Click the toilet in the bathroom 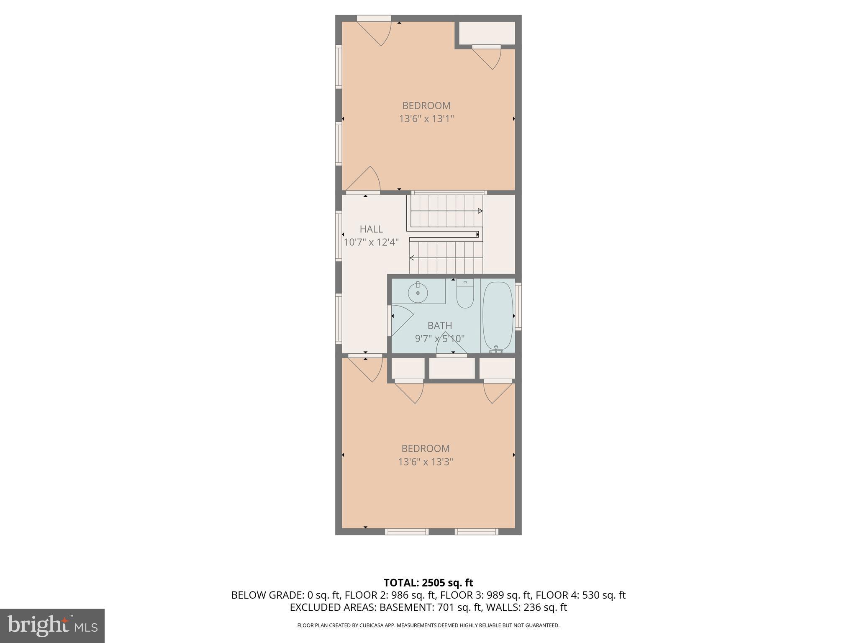click(464, 295)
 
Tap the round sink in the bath click(418, 293)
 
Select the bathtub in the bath click(498, 316)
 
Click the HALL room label click(371, 229)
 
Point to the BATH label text click(440, 325)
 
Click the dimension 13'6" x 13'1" click(426, 119)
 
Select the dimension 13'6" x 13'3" click(426, 462)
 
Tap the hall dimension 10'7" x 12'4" click(371, 242)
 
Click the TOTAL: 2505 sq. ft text click(428, 583)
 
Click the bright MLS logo click(52, 625)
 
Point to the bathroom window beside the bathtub click(518, 306)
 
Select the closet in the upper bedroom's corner click(487, 33)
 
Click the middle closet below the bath click(452, 368)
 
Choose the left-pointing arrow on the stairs click(412, 258)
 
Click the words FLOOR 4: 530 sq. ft click(580, 595)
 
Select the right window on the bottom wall click(476, 532)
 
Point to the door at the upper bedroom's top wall click(375, 30)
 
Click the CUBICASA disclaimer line click(428, 625)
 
